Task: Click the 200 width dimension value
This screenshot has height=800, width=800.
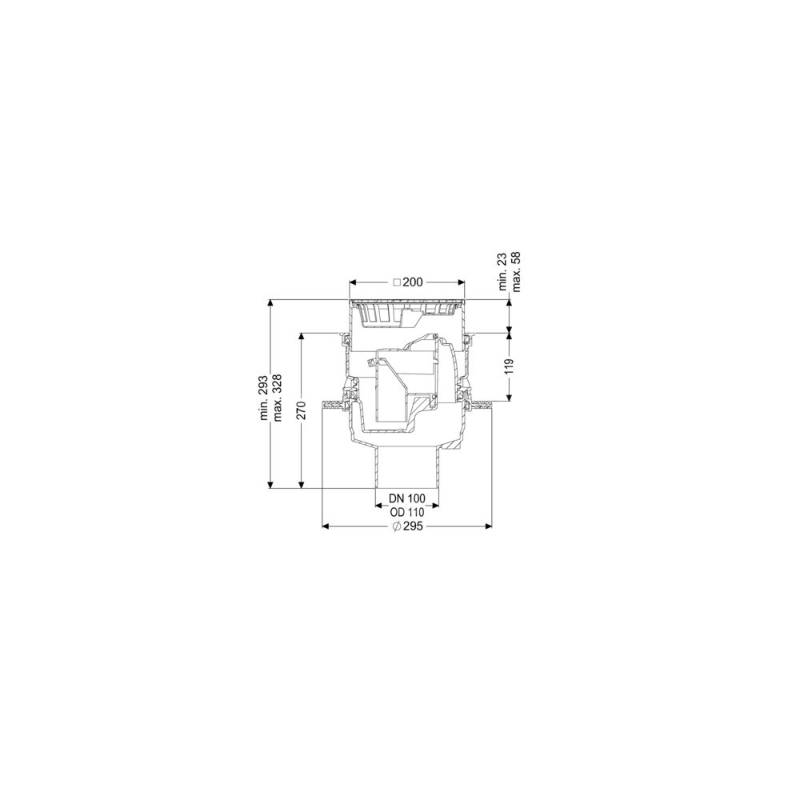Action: [413, 282]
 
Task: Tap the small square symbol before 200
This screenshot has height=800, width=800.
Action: [397, 282]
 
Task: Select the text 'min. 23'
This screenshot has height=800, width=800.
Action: [503, 274]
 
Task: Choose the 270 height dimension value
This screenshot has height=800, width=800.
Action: [302, 410]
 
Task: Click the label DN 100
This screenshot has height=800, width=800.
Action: [407, 498]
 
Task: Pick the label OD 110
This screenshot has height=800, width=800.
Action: [407, 513]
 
